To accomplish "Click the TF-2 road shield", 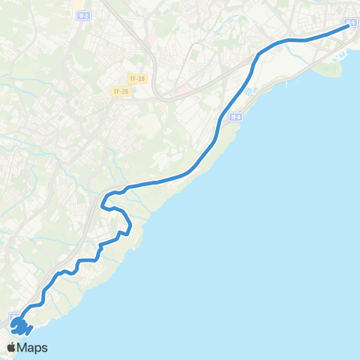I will (83, 14).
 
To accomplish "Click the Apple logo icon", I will (12, 347).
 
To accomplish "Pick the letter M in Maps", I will (24, 348).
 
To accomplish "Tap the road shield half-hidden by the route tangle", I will (13, 317).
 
